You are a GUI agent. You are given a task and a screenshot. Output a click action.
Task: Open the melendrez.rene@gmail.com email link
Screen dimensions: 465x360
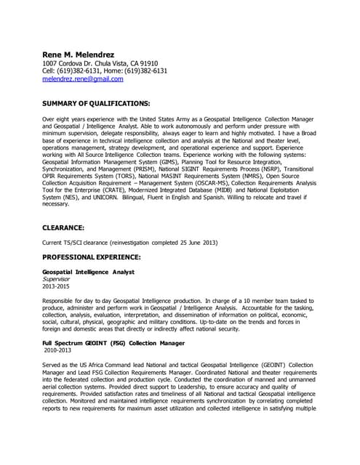(x=82, y=79)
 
